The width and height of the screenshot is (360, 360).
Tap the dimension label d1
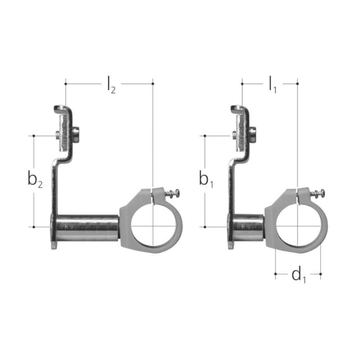pyautogui.click(x=298, y=275)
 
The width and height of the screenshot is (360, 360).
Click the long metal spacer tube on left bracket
pyautogui.click(x=87, y=227)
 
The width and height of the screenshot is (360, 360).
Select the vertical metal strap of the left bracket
pyautogui.click(x=55, y=186)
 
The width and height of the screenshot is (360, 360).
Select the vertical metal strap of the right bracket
pyautogui.click(x=231, y=186)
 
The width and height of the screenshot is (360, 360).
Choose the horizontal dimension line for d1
pyautogui.click(x=281, y=274)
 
